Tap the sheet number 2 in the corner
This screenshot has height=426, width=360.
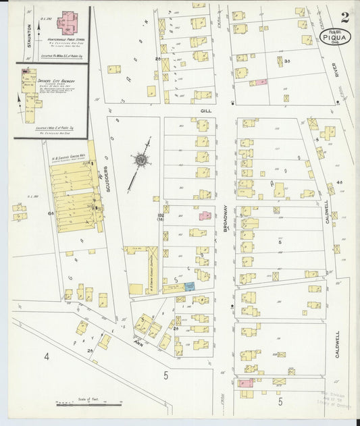point(345,18)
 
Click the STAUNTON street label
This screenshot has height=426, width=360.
point(29,33)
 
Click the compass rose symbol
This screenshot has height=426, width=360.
point(141,160)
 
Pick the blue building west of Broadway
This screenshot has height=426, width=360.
point(190,287)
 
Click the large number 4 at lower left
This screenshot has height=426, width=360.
point(47,356)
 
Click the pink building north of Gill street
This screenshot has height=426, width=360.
point(258,82)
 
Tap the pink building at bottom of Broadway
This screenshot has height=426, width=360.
point(245,383)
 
